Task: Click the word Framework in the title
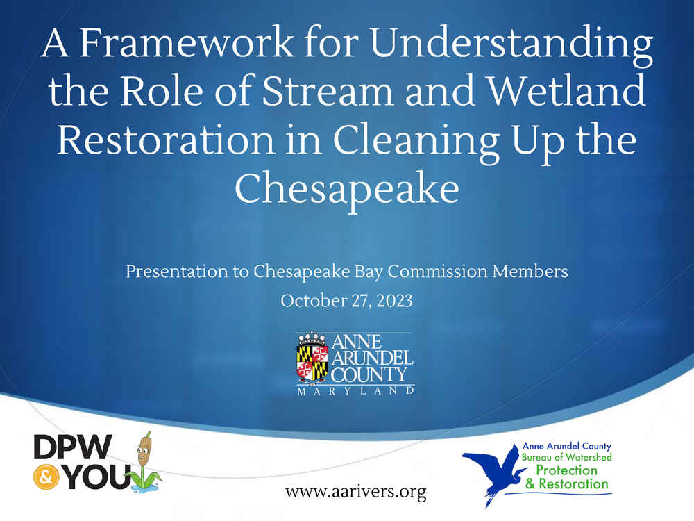pos(186,42)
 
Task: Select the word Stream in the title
pos(328,91)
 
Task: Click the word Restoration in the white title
pos(166,140)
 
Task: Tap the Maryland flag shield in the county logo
pos(312,363)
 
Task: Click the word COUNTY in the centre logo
pos(369,375)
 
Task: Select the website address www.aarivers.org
pos(356,492)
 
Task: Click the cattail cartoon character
pos(144,462)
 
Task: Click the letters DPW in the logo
pos(73,447)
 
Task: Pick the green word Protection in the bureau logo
pos(566,470)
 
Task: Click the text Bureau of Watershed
pos(566,457)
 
